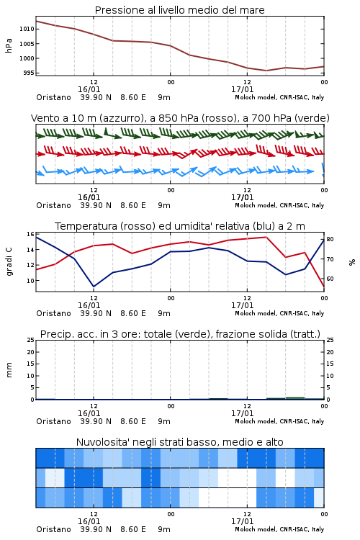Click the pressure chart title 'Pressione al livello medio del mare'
[x=179, y=10]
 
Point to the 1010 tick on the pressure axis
[x=27, y=29]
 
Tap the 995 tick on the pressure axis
[x=28, y=73]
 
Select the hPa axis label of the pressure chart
[x=9, y=45]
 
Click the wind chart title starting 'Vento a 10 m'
[x=180, y=118]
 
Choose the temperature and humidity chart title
[x=180, y=226]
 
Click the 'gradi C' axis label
[x=9, y=261]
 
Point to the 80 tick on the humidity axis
[x=330, y=239]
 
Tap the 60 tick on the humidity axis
[x=330, y=279]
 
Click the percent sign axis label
[x=352, y=262]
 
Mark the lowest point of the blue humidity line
[x=94, y=287]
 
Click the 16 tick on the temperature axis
[x=30, y=234]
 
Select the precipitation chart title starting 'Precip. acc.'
[x=180, y=334]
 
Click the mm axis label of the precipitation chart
[x=9, y=370]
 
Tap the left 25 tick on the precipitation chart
[x=30, y=340]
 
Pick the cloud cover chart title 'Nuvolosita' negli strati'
[x=179, y=442]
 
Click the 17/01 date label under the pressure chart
[x=242, y=89]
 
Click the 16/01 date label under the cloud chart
[x=89, y=521]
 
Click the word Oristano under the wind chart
[x=53, y=205]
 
